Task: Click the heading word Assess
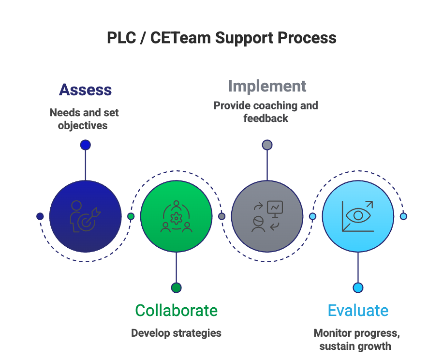[85, 90]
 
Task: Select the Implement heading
[267, 86]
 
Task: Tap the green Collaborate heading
[177, 310]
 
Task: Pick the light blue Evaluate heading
[358, 310]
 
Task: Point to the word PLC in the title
[121, 38]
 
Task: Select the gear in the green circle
[177, 218]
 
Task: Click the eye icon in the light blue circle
[358, 216]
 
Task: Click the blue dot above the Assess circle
[85, 145]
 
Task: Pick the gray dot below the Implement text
[267, 145]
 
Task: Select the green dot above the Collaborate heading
[177, 287]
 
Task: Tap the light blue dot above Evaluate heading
[358, 287]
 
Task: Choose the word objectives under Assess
[83, 125]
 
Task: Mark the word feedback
[266, 118]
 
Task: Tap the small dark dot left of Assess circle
[40, 216]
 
